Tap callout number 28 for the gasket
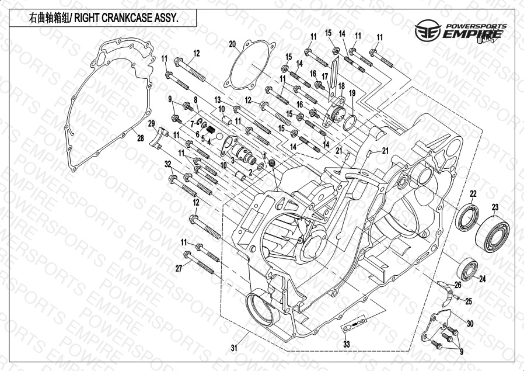click(x=140, y=138)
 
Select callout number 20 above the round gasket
click(x=232, y=44)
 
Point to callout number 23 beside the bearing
click(x=495, y=207)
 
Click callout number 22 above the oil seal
click(x=473, y=194)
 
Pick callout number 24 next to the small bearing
click(x=483, y=279)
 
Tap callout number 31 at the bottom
click(x=234, y=348)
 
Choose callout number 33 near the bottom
click(x=346, y=345)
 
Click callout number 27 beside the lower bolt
click(x=179, y=268)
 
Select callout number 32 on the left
click(x=167, y=164)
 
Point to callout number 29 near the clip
click(x=151, y=123)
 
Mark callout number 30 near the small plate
click(x=470, y=323)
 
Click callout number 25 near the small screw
click(x=469, y=301)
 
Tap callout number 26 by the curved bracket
click(x=457, y=285)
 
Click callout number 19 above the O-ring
click(x=352, y=93)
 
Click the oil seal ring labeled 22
click(x=466, y=218)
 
